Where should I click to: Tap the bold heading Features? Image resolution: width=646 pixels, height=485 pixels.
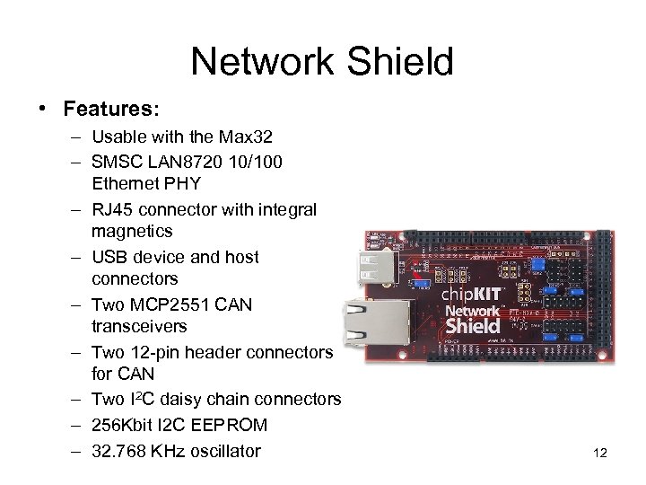pos(111,110)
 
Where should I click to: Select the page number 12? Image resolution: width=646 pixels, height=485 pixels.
pos(600,453)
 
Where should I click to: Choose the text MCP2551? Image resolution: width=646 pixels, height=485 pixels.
pos(166,304)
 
